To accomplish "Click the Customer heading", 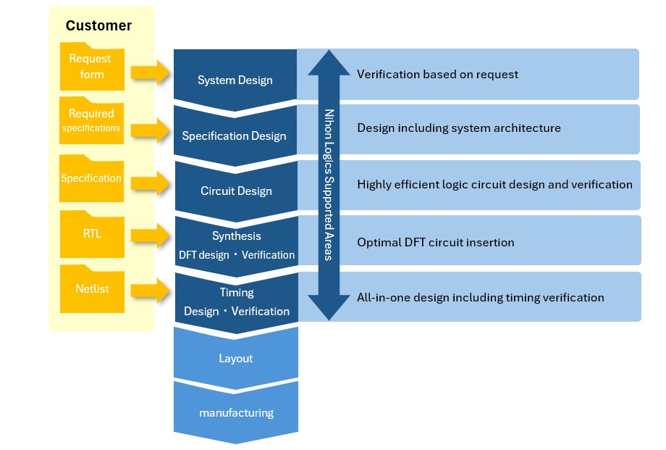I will coord(98,25).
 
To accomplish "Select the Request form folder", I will coord(92,67).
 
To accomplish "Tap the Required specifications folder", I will coord(91,121).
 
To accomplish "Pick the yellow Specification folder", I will coord(91,178).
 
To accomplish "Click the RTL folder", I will coord(91,234).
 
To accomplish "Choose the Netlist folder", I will coord(92,288).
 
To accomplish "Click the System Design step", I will coord(235,80).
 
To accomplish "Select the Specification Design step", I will coord(235,136).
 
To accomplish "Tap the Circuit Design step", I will coord(236,191).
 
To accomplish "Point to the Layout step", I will coord(236,358).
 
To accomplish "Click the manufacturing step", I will coord(236,412).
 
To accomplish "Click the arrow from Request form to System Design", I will coord(151,72).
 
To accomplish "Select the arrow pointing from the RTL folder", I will coord(151,235).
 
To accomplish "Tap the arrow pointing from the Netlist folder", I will coord(151,291).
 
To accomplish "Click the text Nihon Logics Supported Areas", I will coord(329,185).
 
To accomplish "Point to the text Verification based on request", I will coord(437,74).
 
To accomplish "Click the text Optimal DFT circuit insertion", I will coord(435,242).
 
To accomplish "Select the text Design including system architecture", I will coord(459,128).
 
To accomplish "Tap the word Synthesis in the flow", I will coord(237,236).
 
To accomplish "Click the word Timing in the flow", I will coord(237,293).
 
